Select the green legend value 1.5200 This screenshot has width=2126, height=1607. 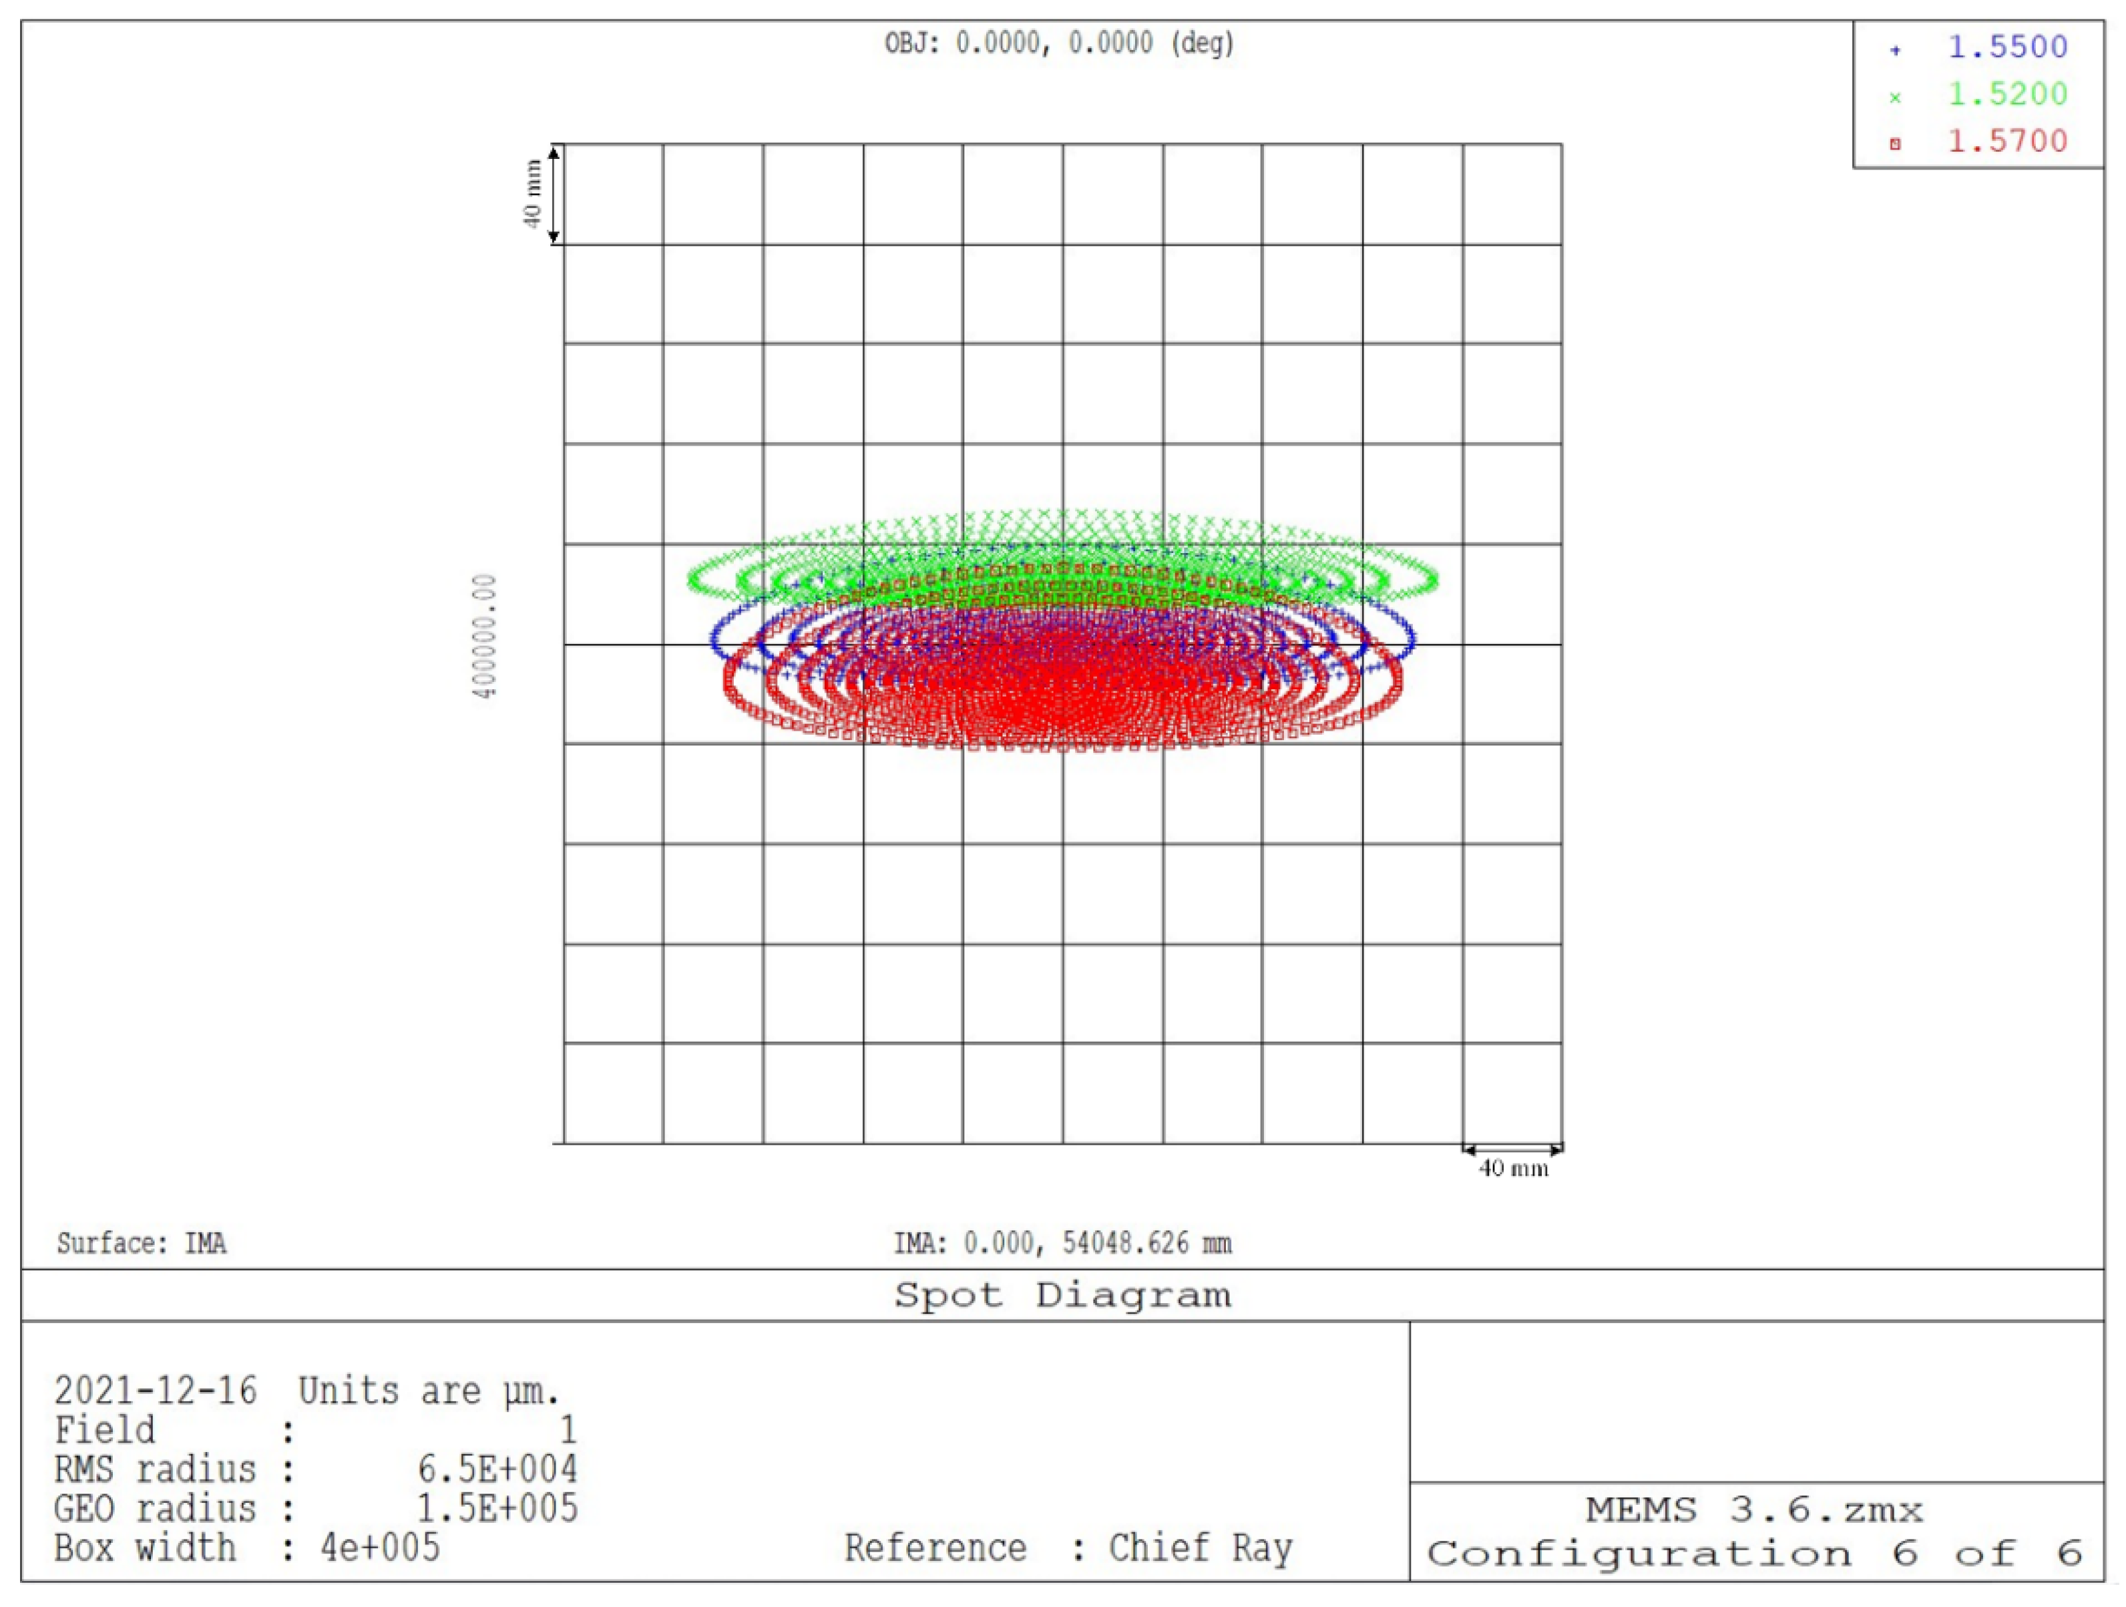pos(2007,94)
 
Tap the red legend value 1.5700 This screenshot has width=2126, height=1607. pos(2007,142)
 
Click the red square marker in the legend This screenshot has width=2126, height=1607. pos(1894,144)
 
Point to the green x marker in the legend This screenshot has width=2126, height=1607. pos(1894,97)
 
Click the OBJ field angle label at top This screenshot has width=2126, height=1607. pos(1058,43)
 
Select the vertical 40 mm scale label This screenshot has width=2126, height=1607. pos(531,194)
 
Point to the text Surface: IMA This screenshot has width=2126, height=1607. pos(142,1244)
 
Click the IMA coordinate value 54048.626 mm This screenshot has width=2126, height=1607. pos(1146,1244)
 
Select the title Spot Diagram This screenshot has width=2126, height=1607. pos(1062,1296)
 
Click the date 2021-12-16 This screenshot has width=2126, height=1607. pos(156,1391)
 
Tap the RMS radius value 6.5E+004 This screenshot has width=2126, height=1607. pos(497,1469)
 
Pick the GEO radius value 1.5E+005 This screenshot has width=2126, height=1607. pos(497,1508)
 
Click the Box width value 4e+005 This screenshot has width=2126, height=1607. pos(381,1548)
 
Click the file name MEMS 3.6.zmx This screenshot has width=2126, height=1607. pos(1754,1510)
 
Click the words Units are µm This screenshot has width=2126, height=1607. pos(428,1391)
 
